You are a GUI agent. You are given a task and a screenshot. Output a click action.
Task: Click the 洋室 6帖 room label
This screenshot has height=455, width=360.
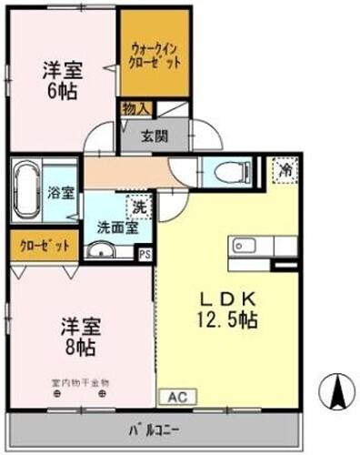61,79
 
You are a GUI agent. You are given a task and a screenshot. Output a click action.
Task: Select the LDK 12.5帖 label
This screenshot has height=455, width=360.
226,308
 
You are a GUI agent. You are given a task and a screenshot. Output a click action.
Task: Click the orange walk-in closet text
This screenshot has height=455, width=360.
155,57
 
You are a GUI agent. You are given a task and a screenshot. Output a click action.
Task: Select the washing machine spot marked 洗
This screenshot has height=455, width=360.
138,207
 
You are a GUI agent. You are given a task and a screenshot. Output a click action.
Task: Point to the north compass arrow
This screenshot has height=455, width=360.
337,391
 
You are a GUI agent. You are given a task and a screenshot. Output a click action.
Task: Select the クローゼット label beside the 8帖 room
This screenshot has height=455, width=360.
42,245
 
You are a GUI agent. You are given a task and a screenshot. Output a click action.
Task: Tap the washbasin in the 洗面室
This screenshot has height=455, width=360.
99,251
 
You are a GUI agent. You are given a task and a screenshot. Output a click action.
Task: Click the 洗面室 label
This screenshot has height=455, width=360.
119,228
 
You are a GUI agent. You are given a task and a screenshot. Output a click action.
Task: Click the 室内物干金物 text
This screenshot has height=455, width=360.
80,383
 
